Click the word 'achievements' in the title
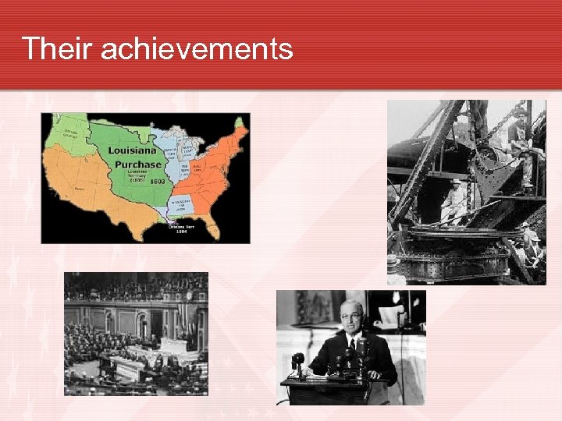pos(197,48)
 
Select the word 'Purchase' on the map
pos(138,165)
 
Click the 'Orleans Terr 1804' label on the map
pos(182,228)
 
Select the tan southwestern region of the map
pos(82,187)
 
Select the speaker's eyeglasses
pos(351,316)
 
